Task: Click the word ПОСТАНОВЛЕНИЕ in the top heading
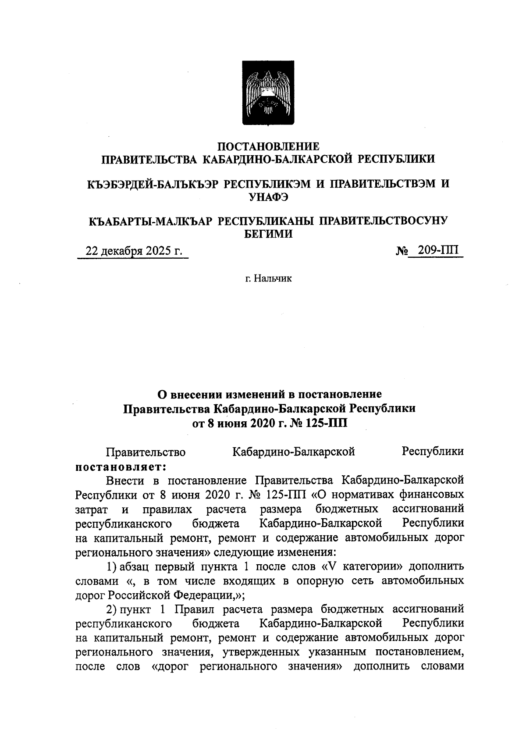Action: pos(269,146)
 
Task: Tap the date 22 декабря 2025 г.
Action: pos(133,251)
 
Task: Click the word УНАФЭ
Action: pos(269,197)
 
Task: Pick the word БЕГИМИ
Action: pos(268,234)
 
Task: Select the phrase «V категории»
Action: pos(363,566)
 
